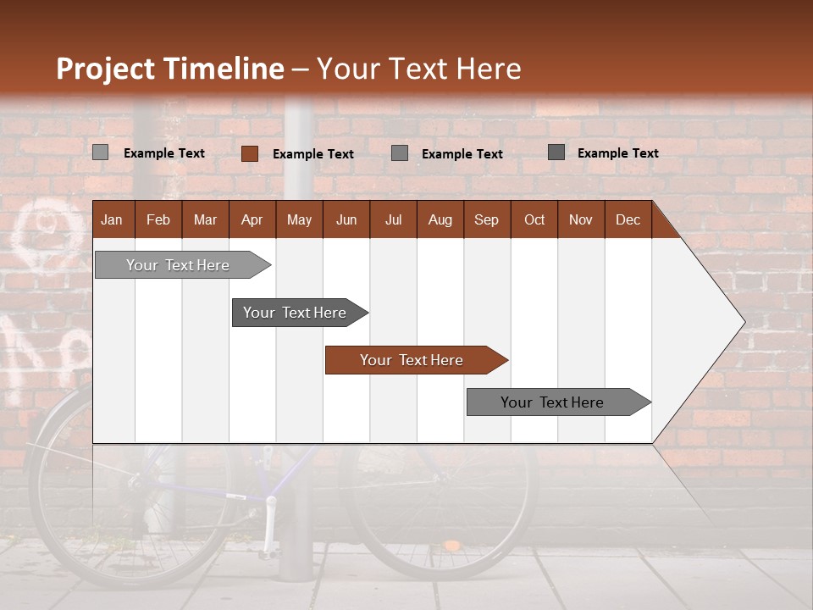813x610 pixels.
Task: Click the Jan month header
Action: pyautogui.click(x=112, y=219)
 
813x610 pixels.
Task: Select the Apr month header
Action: pyautogui.click(x=252, y=219)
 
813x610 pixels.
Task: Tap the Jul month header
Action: pyautogui.click(x=393, y=219)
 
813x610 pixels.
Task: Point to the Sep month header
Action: pyautogui.click(x=486, y=219)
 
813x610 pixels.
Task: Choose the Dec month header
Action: pyautogui.click(x=628, y=219)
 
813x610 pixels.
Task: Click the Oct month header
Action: pyautogui.click(x=534, y=219)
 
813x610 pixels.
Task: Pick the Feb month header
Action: pyautogui.click(x=158, y=219)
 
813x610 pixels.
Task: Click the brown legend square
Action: pyautogui.click(x=249, y=153)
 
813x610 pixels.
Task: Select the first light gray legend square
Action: pyautogui.click(x=100, y=152)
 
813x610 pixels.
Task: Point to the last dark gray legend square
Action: pyautogui.click(x=556, y=152)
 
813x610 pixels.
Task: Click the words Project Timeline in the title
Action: pyautogui.click(x=169, y=69)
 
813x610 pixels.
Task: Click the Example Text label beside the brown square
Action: pyautogui.click(x=313, y=154)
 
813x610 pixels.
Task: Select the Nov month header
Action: pyautogui.click(x=581, y=219)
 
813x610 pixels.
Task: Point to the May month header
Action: pyautogui.click(x=299, y=219)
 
